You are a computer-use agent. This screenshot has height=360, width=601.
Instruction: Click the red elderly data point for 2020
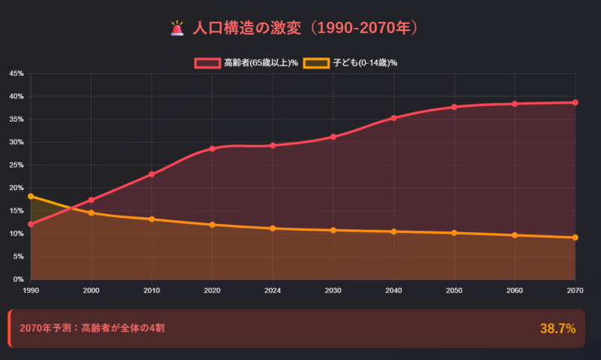pyautogui.click(x=213, y=149)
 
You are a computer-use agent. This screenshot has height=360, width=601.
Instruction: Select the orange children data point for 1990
pyautogui.click(x=31, y=196)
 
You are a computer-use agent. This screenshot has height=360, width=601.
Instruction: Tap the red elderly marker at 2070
pyautogui.click(x=575, y=102)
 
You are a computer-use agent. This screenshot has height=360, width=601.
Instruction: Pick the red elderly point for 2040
pyautogui.click(x=394, y=118)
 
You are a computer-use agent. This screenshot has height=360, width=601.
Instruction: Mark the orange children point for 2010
pyautogui.click(x=152, y=219)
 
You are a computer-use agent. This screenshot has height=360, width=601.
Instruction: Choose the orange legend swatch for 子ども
pyautogui.click(x=316, y=62)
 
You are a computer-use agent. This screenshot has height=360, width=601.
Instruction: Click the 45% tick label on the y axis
pyautogui.click(x=16, y=74)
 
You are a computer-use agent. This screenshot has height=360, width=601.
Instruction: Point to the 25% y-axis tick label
pyautogui.click(x=16, y=165)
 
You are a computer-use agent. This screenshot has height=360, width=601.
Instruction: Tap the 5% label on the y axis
pyautogui.click(x=18, y=257)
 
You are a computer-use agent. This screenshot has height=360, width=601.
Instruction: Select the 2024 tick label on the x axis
pyautogui.click(x=273, y=289)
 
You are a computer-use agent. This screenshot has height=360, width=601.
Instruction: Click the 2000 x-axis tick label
pyautogui.click(x=91, y=289)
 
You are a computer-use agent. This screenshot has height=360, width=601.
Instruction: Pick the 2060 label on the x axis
pyautogui.click(x=515, y=289)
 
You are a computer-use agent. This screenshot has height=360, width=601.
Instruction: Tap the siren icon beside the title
pyautogui.click(x=177, y=29)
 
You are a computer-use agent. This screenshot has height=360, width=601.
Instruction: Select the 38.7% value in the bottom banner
pyautogui.click(x=557, y=328)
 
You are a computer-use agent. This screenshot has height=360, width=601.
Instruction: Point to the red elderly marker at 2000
pyautogui.click(x=91, y=200)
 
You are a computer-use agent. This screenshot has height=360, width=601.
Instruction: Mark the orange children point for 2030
pyautogui.click(x=333, y=230)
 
